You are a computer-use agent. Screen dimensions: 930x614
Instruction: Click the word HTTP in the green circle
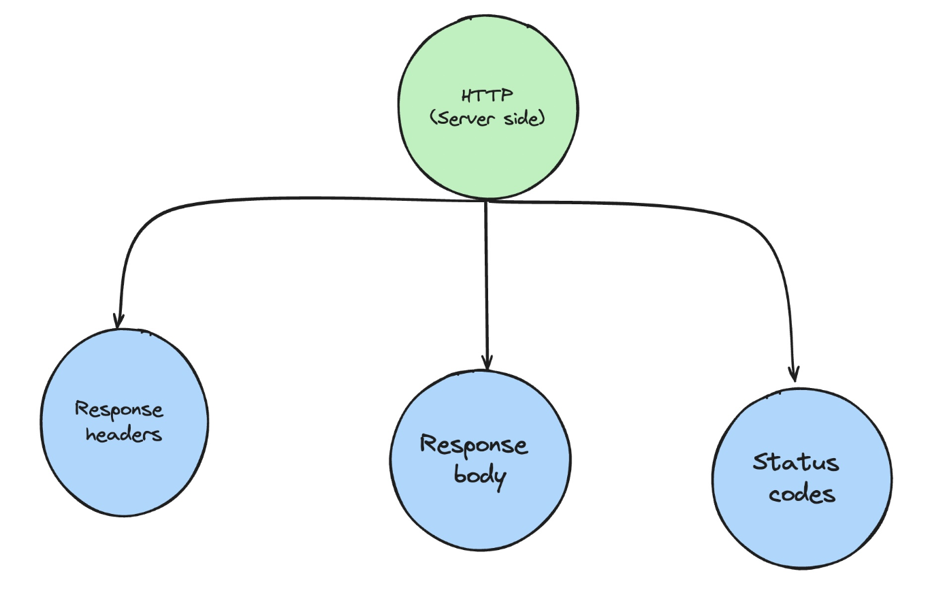(487, 95)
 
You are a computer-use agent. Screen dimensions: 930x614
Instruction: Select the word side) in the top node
(524, 118)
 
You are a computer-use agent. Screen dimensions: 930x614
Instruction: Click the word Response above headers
(118, 410)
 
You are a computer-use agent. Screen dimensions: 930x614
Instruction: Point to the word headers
(124, 434)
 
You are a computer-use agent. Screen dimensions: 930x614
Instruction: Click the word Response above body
(474, 445)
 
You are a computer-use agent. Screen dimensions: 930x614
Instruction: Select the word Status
(796, 462)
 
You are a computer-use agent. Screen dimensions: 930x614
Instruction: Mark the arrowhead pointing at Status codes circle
(795, 375)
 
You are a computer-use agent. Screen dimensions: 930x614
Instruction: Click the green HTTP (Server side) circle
(487, 107)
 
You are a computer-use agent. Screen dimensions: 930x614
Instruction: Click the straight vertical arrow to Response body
(486, 286)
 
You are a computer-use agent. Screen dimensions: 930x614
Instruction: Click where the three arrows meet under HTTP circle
(486, 201)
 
